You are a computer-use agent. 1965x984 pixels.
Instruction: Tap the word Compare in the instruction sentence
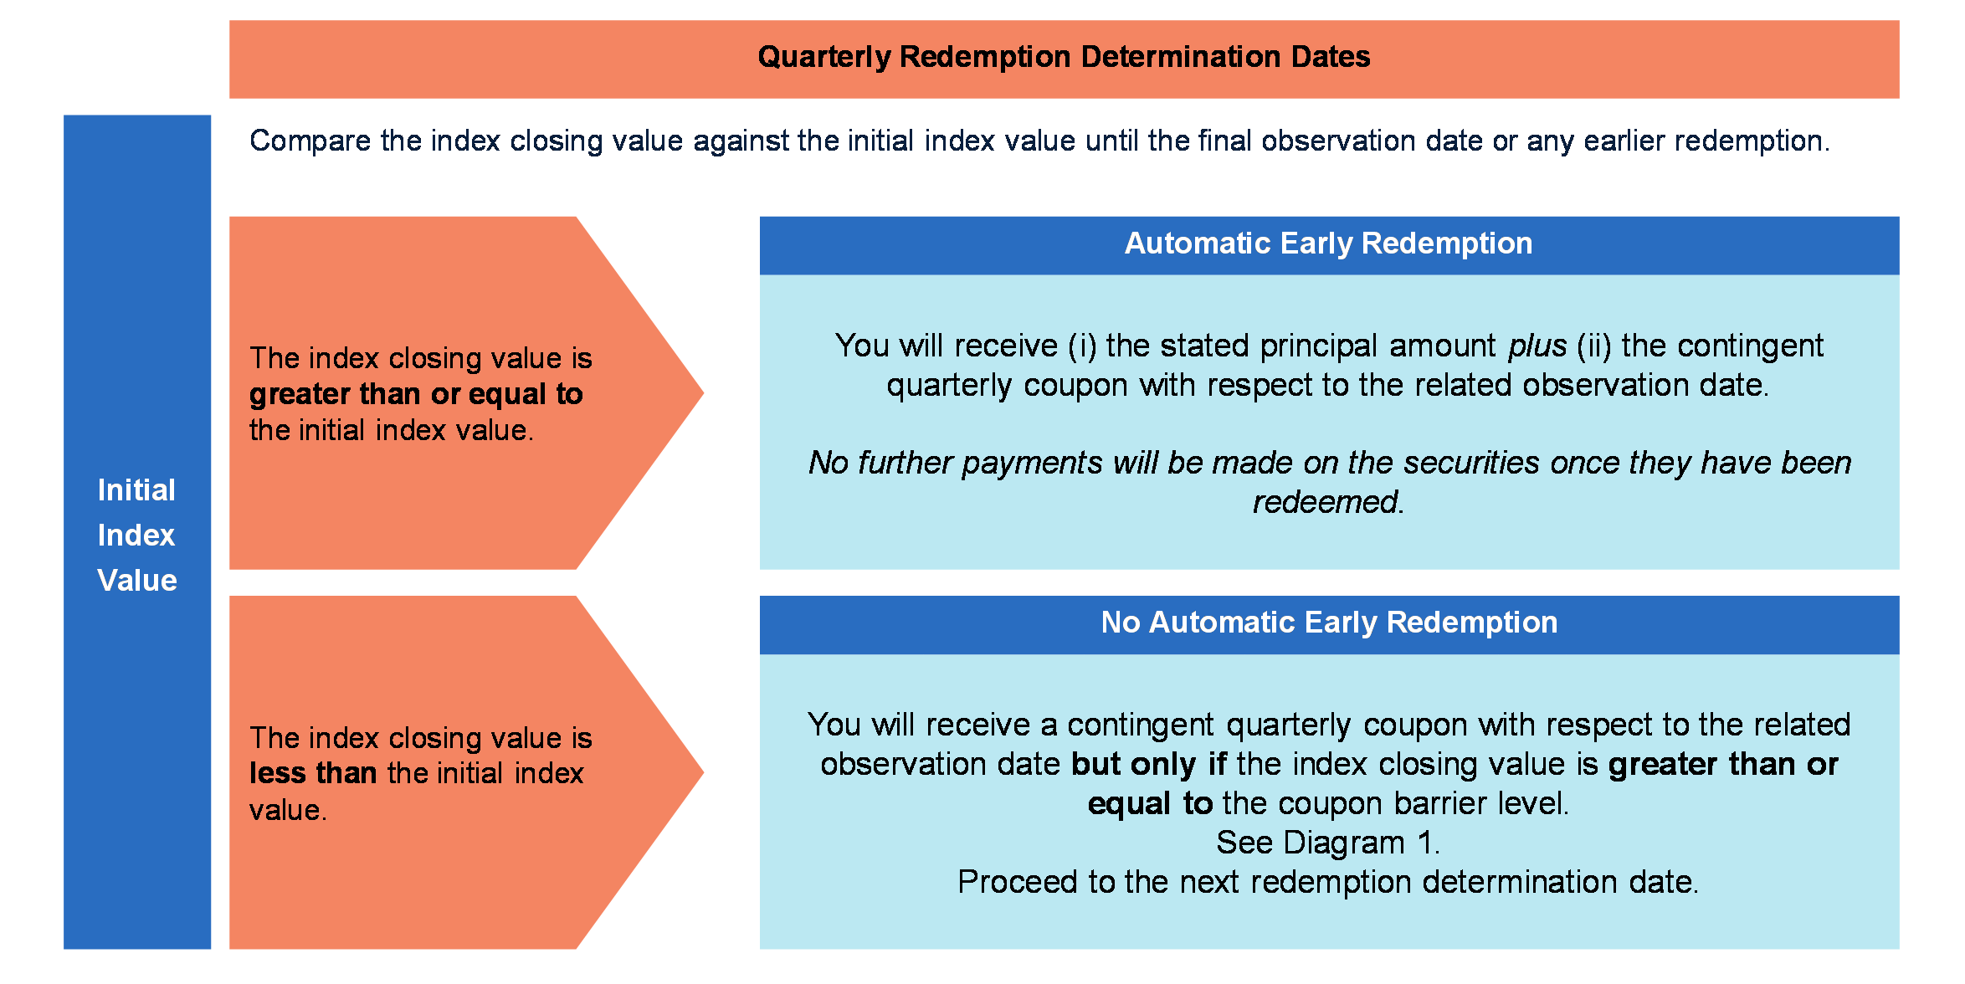[x=310, y=141]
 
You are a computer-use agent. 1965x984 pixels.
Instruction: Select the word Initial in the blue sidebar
[x=136, y=490]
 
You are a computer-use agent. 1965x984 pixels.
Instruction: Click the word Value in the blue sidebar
[x=137, y=581]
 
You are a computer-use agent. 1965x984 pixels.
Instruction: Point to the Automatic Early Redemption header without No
[x=1328, y=243]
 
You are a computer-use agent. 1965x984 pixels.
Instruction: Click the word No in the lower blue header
[x=1120, y=623]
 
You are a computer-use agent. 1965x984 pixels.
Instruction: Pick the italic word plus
[x=1537, y=346]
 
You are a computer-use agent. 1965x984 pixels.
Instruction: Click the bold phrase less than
[x=313, y=773]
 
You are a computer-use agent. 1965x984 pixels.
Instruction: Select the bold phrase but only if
[x=1149, y=765]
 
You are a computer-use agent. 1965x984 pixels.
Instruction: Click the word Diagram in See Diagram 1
[x=1344, y=843]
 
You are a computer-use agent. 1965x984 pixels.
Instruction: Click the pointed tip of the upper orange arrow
[x=704, y=393]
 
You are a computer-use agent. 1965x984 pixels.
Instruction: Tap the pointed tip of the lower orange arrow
[x=704, y=772]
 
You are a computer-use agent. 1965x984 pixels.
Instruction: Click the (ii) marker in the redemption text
[x=1594, y=346]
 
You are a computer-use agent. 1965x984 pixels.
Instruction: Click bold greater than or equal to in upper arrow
[x=416, y=394]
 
